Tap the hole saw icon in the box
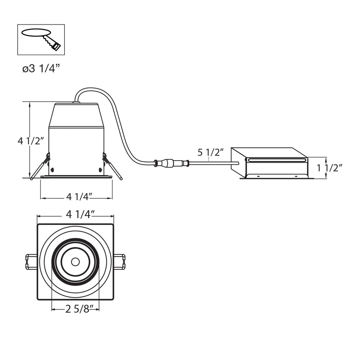tap(41, 39)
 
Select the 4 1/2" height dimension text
tap(31, 141)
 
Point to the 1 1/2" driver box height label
tap(329, 168)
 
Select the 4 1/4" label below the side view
tap(79, 197)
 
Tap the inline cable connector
tap(171, 163)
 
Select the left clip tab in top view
tap(31, 262)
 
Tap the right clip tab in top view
tap(120, 262)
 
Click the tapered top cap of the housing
tap(76, 115)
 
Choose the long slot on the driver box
tap(276, 160)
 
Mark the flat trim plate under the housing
tap(76, 177)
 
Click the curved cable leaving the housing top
tap(119, 122)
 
